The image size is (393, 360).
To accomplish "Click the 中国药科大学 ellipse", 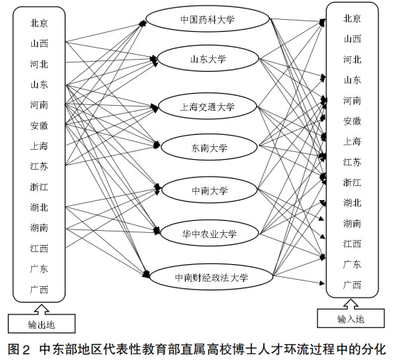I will point(207,20).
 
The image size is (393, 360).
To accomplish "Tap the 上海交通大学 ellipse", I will point(207,107).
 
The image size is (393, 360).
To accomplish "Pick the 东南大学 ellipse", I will point(207,148).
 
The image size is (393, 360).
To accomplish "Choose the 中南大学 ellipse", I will point(207,190).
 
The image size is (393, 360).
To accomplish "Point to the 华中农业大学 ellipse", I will point(207,233).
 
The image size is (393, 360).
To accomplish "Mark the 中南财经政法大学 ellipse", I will point(207,277).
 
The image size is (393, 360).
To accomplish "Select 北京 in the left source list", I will point(40,23).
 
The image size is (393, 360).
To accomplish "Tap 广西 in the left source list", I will point(40,290).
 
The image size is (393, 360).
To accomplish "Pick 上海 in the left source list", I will point(40,146).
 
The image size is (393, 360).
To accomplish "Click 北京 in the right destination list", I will point(352,18).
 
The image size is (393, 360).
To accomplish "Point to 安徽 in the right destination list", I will point(352,121).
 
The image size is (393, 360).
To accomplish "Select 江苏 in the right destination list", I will point(352,162).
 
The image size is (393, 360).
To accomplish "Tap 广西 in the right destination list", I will point(352,285).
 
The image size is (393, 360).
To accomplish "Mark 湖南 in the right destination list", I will point(352,224).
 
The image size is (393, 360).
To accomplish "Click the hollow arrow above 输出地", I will point(41,309).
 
